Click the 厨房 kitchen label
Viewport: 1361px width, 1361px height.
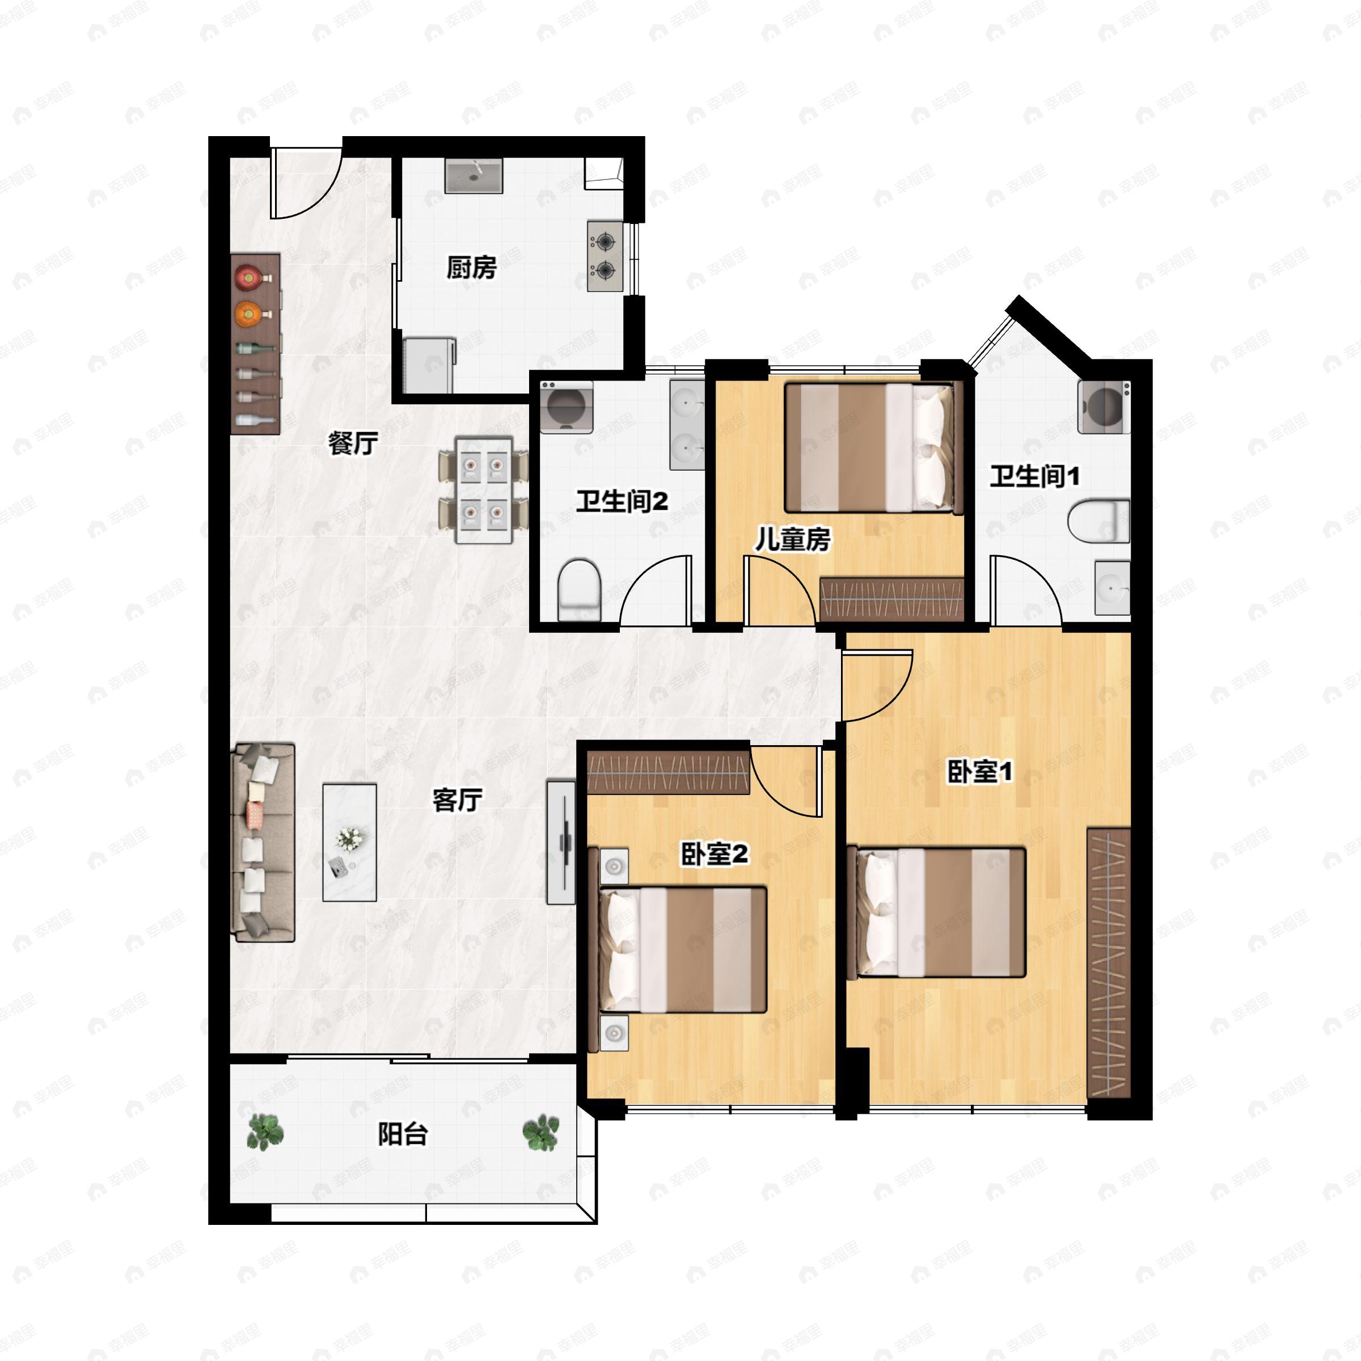coord(471,268)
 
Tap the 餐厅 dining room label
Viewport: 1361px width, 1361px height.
coord(353,443)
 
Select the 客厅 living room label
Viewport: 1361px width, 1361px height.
coord(457,800)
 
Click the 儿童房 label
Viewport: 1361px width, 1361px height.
coord(793,540)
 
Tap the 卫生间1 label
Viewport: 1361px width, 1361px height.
coord(1034,476)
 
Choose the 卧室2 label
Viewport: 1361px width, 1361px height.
coord(713,855)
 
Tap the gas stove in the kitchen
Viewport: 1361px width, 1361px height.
coord(605,256)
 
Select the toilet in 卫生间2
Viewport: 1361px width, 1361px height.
coord(579,590)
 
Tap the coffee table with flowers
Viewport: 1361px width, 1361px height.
coord(349,843)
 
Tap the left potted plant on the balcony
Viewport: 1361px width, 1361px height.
coord(265,1132)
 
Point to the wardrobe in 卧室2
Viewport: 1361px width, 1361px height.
coord(668,772)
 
